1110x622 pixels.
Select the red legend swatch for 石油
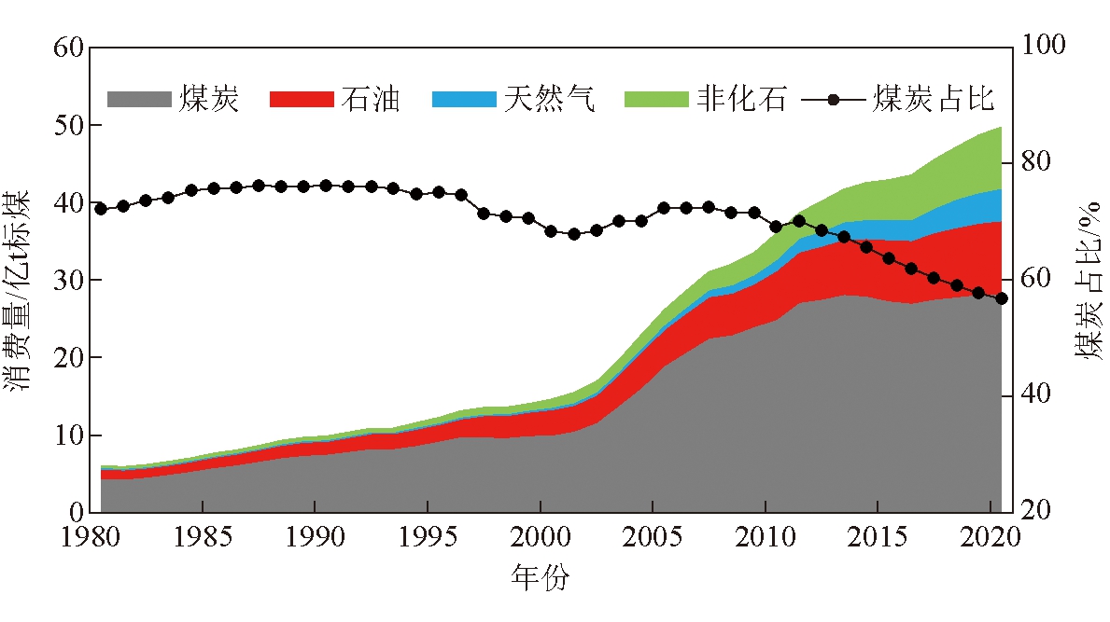(301, 98)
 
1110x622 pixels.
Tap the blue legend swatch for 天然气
(463, 98)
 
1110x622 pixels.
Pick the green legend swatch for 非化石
(655, 98)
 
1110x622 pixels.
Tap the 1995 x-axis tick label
(427, 540)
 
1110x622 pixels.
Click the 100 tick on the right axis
(1044, 48)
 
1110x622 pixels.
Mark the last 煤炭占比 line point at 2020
(1002, 298)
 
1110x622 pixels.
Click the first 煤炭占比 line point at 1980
(101, 209)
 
